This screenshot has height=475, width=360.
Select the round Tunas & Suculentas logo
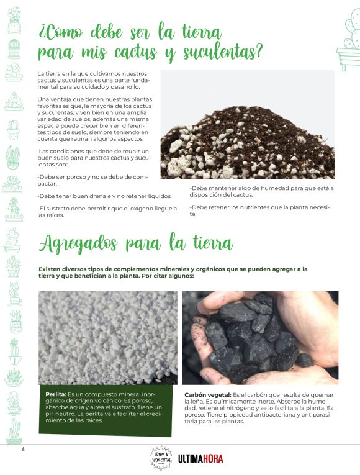(x=161, y=458)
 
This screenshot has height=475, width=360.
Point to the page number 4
(x=22, y=448)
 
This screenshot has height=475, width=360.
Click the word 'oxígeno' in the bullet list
(x=146, y=208)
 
